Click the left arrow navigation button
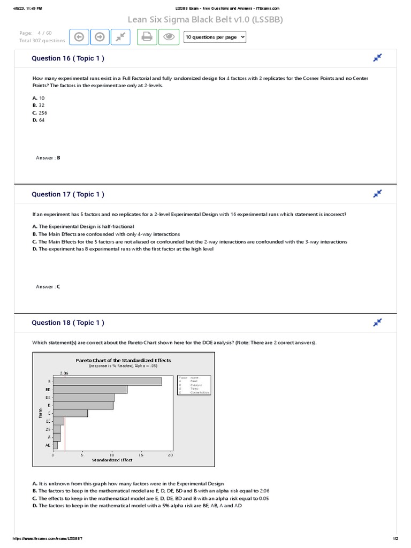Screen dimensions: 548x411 click(79, 37)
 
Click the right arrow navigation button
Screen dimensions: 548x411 click(100, 37)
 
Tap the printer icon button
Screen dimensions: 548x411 click(147, 37)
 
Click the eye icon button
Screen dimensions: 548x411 click(169, 37)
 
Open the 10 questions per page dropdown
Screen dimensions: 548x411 click(215, 37)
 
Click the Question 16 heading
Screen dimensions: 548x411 click(68, 58)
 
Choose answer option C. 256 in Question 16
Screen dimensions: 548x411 click(40, 113)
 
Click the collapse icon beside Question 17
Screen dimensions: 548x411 click(378, 193)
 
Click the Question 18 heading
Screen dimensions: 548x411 click(68, 323)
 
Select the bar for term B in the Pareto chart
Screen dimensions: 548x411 click(107, 381)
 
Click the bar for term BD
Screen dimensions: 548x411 click(90, 390)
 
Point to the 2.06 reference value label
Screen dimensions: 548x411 click(65, 373)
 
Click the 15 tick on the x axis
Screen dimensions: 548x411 click(141, 455)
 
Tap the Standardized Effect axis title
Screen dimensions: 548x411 click(112, 460)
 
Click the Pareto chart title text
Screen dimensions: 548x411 click(123, 360)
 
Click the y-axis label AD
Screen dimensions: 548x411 click(48, 445)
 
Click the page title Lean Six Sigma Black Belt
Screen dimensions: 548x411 click(205, 20)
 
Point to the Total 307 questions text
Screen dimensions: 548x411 click(42, 41)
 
